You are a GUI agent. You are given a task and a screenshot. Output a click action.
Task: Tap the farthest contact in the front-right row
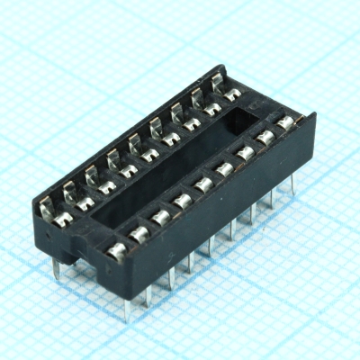[287, 122]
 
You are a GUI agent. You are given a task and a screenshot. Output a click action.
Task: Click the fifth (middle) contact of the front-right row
[204, 184]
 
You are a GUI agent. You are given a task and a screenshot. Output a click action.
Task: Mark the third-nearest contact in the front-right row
[162, 217]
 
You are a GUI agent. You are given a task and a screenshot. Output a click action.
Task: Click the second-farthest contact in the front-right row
[266, 138]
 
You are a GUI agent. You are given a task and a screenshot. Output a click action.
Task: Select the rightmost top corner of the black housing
[314, 115]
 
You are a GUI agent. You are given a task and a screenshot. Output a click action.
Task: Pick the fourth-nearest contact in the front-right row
[184, 200]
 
